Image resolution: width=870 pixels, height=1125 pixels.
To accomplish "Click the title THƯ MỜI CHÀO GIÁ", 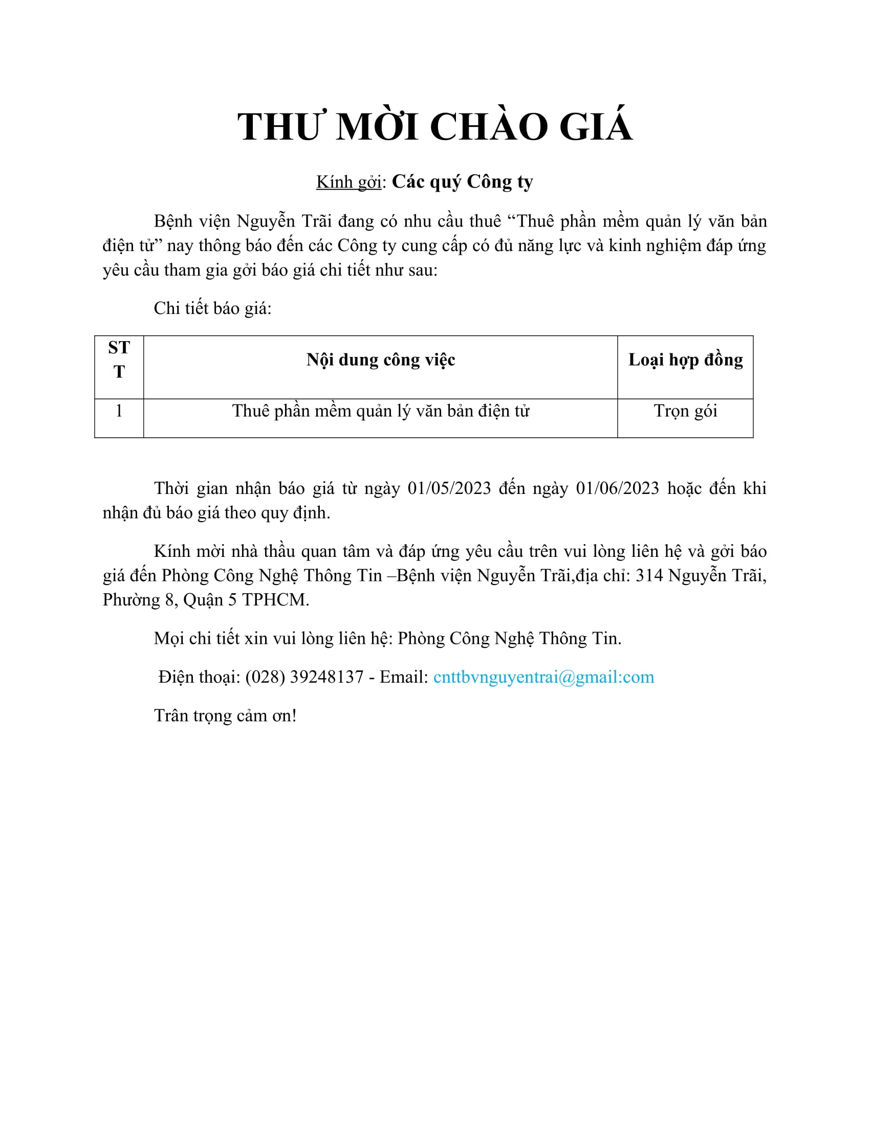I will pyautogui.click(x=434, y=127).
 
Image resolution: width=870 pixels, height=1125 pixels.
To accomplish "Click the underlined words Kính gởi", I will pyautogui.click(x=349, y=182).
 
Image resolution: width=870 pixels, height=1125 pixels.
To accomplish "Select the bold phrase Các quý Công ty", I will pyautogui.click(x=462, y=182).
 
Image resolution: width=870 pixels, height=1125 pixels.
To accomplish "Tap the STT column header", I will pyautogui.click(x=119, y=359).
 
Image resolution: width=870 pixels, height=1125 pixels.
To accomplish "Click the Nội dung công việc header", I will pyautogui.click(x=380, y=359).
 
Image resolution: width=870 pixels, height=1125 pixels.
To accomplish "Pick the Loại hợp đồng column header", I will pyautogui.click(x=685, y=359).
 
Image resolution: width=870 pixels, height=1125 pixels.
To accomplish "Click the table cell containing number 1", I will pyautogui.click(x=119, y=411).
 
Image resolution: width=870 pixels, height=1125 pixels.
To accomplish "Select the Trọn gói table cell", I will pyautogui.click(x=685, y=411).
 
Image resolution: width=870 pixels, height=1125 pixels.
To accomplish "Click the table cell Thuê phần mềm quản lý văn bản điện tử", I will pyautogui.click(x=380, y=411).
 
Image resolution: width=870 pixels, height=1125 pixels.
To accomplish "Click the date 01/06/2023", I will pyautogui.click(x=618, y=488).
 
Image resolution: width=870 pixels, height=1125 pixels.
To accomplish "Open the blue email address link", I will pyautogui.click(x=543, y=677).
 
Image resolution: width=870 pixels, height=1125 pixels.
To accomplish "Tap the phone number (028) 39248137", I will pyautogui.click(x=304, y=677).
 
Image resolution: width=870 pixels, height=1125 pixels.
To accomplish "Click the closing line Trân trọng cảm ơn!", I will pyautogui.click(x=225, y=715).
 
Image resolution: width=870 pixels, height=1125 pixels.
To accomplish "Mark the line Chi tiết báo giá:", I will pyautogui.click(x=212, y=308).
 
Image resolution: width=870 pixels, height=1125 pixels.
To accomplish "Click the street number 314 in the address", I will pyautogui.click(x=649, y=575).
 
